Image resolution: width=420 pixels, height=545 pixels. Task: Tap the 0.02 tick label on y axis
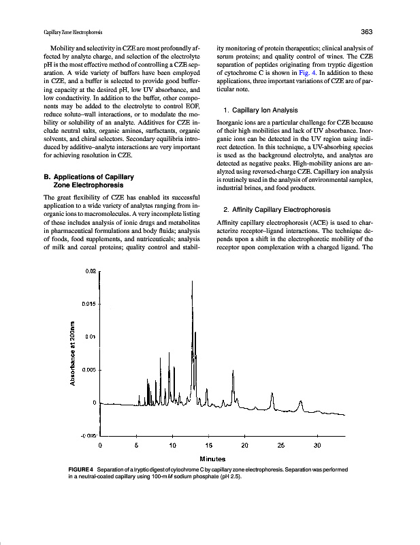coord(92,271)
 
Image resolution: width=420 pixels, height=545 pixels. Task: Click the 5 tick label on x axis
coord(137,446)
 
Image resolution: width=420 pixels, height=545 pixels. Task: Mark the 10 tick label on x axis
coord(172,446)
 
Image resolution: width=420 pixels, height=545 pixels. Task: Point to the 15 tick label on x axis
coord(208,446)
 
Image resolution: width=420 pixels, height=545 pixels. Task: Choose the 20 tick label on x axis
coord(244,446)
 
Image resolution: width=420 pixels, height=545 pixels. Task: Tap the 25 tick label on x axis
coord(280,446)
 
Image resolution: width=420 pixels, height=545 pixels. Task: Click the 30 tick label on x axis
coord(317,446)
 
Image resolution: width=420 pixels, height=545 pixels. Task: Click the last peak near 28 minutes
coord(301,403)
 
